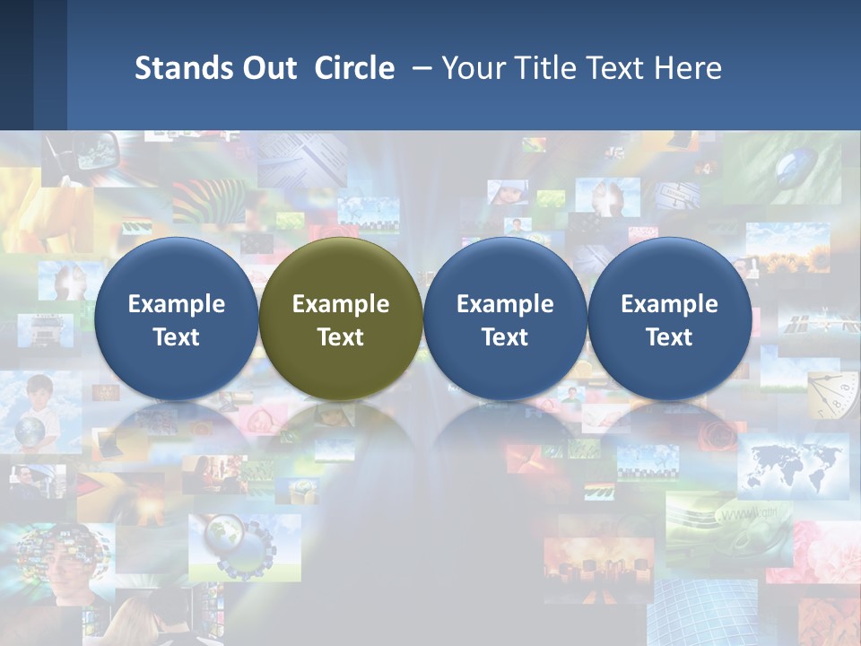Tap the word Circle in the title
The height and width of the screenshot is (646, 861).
[354, 68]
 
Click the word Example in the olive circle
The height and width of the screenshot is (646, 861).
[341, 304]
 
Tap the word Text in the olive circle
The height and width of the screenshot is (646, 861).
[341, 337]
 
